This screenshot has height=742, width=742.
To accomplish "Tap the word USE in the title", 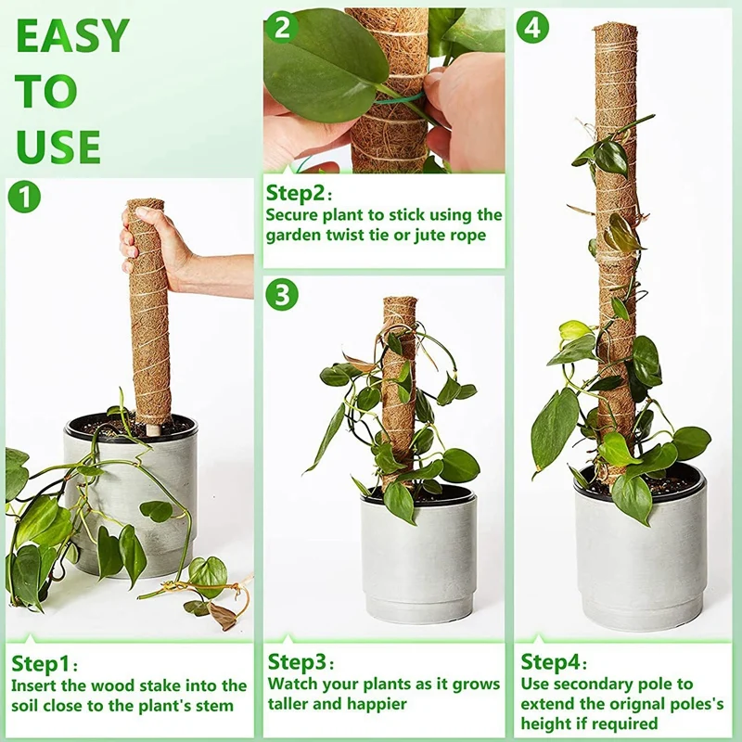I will coord(58,147).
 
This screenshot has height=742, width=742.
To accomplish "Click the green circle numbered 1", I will coord(24,197).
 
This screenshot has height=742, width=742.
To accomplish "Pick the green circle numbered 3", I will coord(282,296).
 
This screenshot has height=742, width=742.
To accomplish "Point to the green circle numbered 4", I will coord(533,27).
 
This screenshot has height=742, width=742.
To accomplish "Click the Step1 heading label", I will coord(41,664).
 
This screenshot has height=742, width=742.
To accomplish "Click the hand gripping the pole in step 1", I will coord(153,245).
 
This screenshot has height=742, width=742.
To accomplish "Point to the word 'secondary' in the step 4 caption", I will coord(595,684).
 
